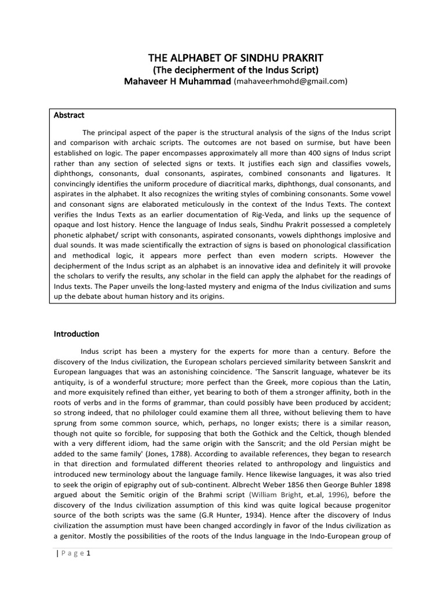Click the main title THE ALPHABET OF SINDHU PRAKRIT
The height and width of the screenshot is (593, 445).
pos(235,58)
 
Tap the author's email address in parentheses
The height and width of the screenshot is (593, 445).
pos(290,82)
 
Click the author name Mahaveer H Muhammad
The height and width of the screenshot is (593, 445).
pos(177,82)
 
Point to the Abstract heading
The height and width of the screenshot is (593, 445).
pos(70,115)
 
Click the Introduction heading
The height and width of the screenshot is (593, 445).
pos(76,334)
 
